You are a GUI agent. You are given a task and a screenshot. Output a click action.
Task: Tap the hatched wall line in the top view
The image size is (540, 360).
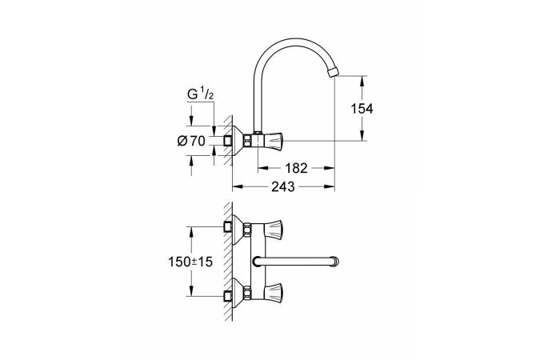click(228, 260)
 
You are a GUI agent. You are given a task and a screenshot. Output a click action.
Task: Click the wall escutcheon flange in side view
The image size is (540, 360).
click(238, 141)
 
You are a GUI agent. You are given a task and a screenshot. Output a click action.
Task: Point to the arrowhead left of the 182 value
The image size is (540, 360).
click(262, 168)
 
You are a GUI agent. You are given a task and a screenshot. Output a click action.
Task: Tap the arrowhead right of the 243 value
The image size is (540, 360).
click(330, 186)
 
